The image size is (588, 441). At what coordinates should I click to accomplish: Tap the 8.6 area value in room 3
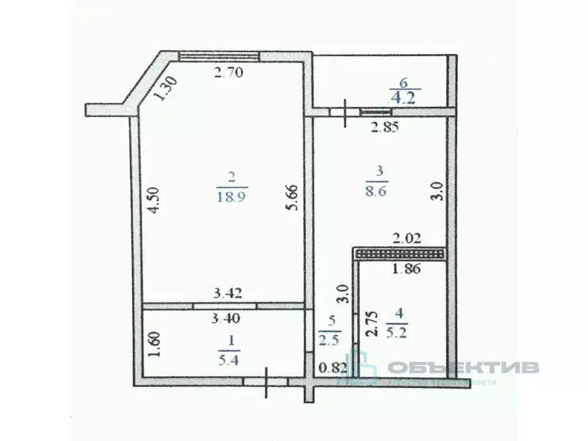point(377,191)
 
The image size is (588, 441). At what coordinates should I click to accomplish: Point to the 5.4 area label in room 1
point(230,361)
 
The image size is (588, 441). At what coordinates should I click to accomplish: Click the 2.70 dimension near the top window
point(229,72)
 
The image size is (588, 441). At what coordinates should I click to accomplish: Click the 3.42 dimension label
point(227,293)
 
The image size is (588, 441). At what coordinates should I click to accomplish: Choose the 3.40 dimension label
point(226,317)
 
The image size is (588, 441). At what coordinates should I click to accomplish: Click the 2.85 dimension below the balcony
point(384,127)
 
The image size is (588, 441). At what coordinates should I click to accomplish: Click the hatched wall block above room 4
point(400,253)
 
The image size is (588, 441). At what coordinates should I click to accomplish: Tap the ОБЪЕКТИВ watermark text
point(463,367)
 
